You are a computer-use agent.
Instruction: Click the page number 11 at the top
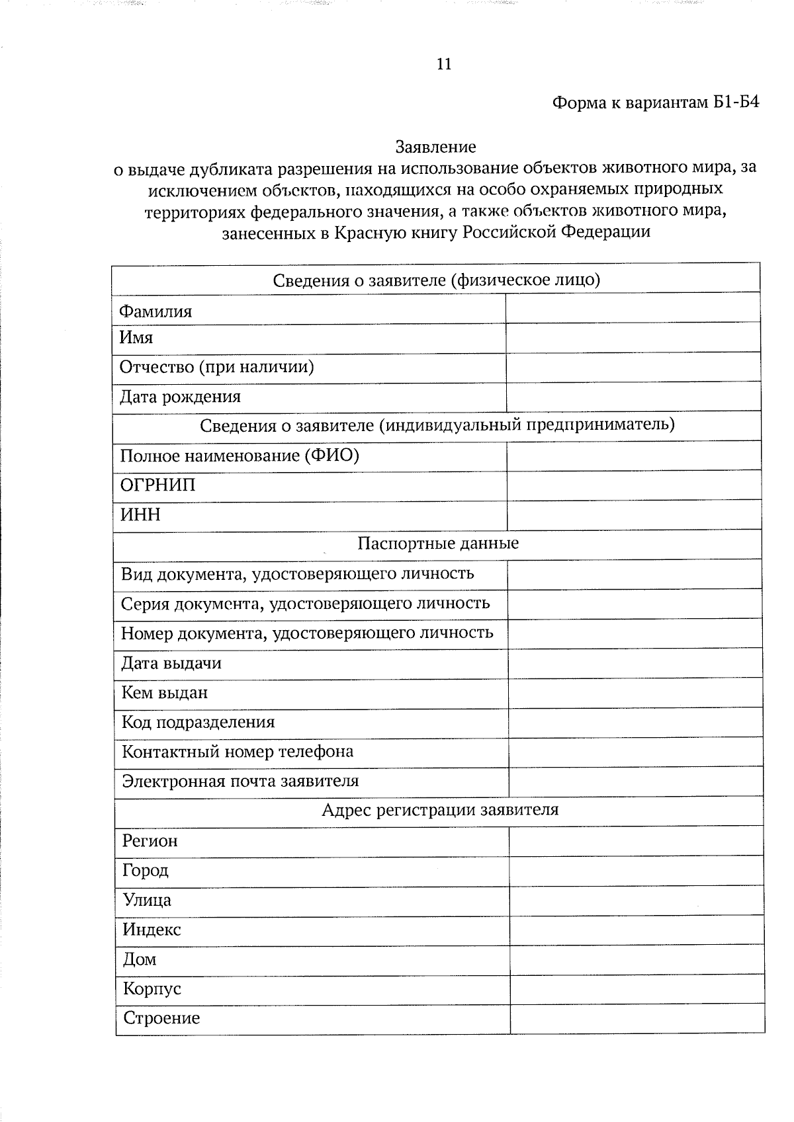[444, 64]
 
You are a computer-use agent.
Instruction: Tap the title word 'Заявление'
[435, 146]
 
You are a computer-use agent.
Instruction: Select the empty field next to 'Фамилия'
[632, 309]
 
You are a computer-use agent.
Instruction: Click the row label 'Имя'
[136, 338]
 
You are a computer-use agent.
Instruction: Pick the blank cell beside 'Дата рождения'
[633, 397]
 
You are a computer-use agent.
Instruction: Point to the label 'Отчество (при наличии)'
[216, 367]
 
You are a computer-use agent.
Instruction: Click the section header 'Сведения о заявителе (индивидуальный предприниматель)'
[437, 425]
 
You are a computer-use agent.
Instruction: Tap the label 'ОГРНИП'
[158, 485]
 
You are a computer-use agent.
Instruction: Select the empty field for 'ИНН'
[633, 515]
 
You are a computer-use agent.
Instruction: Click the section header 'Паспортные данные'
[438, 543]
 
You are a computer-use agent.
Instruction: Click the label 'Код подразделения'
[198, 722]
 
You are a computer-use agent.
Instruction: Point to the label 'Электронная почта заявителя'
[240, 781]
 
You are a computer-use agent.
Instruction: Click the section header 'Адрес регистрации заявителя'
[439, 810]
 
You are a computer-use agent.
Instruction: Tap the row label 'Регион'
[150, 841]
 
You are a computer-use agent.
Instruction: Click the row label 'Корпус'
[152, 989]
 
